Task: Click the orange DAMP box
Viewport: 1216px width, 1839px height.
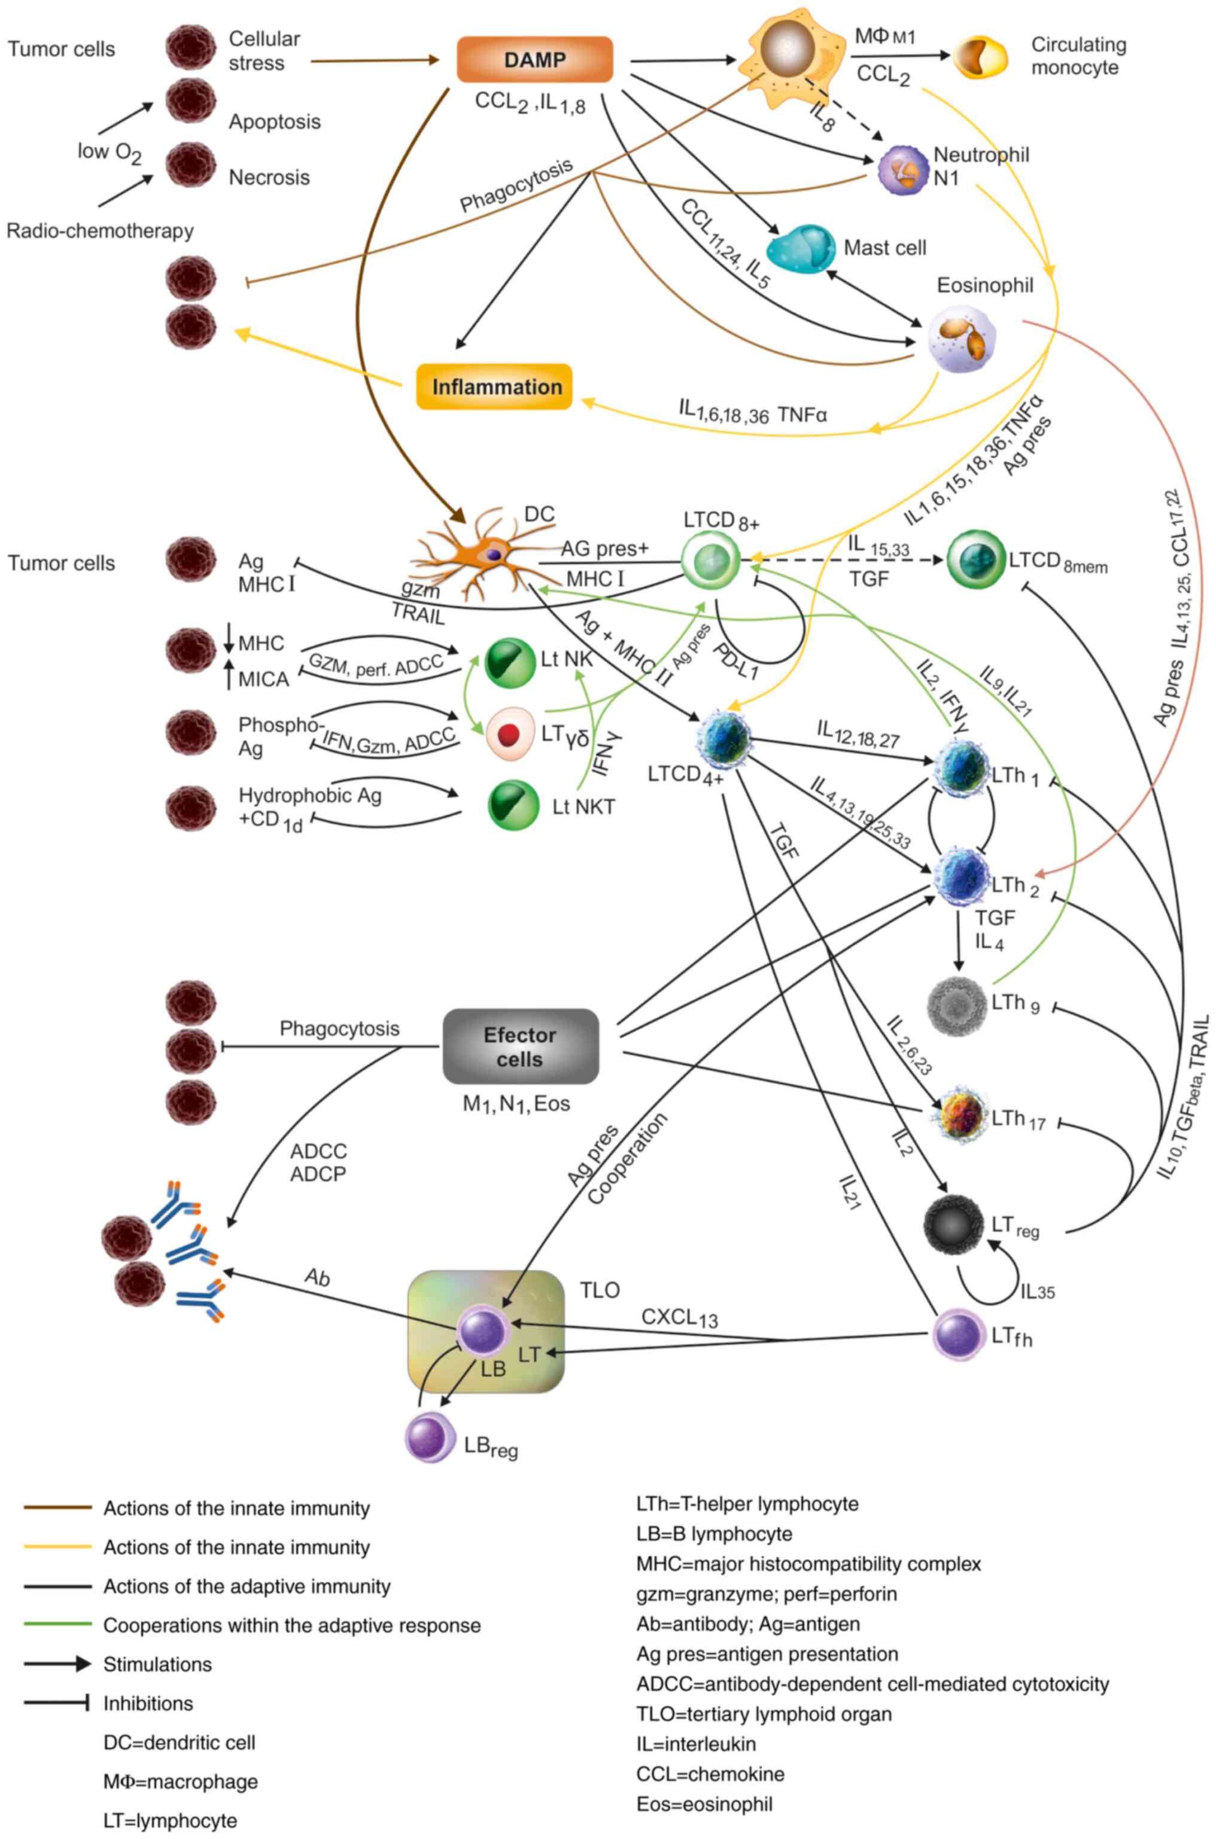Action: click(x=534, y=60)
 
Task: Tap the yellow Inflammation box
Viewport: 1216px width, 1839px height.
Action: click(x=495, y=386)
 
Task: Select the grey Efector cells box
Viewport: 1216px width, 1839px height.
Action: click(x=521, y=1047)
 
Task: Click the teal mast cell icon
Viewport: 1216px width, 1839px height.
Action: click(x=800, y=249)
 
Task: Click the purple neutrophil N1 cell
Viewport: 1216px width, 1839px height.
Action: click(x=902, y=170)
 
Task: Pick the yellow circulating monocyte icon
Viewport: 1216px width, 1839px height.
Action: click(x=980, y=57)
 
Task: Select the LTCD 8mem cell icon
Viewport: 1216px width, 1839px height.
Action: click(x=975, y=560)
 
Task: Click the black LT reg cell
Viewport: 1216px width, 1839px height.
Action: click(x=954, y=1225)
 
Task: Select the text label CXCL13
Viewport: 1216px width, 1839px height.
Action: click(x=679, y=1317)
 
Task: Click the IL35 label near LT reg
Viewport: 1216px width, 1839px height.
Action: click(x=1037, y=1292)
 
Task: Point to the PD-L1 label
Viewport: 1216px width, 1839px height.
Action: click(x=735, y=660)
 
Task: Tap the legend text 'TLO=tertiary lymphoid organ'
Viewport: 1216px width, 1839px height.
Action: click(x=764, y=1713)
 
